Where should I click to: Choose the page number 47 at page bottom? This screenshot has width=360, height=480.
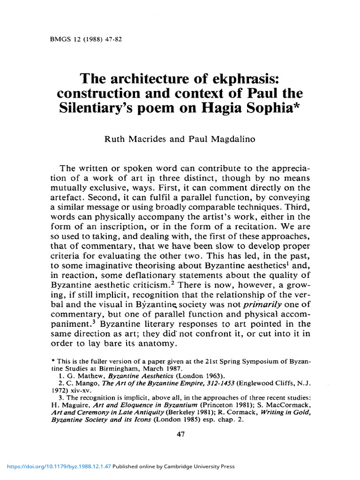click(180, 434)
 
